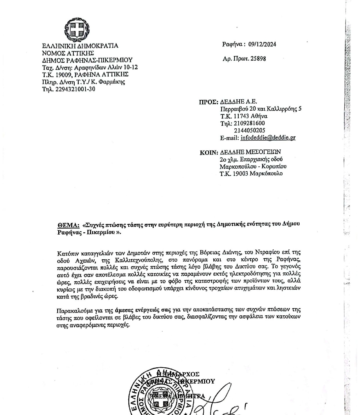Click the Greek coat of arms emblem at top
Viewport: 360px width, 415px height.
(x=77, y=29)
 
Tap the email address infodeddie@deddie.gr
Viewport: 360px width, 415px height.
(x=268, y=138)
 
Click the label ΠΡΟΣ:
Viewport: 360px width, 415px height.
(x=208, y=102)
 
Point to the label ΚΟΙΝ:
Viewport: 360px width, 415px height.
(x=209, y=152)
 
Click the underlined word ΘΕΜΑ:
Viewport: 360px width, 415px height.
(x=68, y=225)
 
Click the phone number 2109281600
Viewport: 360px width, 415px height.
(x=249, y=123)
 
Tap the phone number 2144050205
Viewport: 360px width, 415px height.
(x=249, y=130)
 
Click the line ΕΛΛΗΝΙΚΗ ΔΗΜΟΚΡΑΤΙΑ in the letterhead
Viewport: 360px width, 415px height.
(x=80, y=46)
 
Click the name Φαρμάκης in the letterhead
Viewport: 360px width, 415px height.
(x=112, y=82)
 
